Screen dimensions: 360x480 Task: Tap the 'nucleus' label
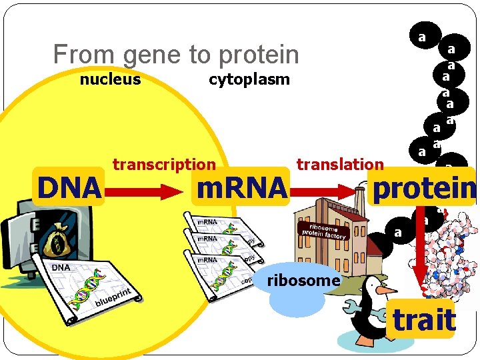coord(110,80)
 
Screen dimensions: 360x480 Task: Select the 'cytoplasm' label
coord(249,80)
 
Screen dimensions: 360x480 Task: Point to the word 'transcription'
coord(164,164)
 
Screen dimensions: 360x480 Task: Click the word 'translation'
coord(340,164)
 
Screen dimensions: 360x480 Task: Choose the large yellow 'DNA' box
coord(69,188)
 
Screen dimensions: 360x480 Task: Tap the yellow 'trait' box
coord(423,320)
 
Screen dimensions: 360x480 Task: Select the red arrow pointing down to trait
coord(421,260)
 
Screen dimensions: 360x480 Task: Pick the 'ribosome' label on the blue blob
coord(303,281)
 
